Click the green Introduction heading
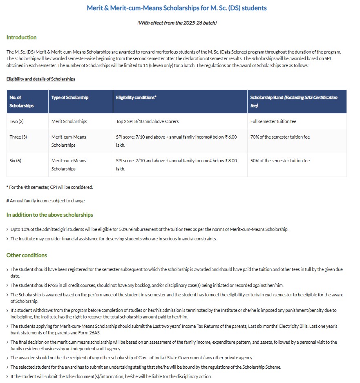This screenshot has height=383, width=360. coord(21,37)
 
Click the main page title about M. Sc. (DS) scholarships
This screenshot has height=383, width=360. coord(177,8)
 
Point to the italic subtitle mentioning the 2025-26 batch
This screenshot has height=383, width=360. coord(177,23)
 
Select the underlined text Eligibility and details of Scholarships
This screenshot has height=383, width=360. coord(40,79)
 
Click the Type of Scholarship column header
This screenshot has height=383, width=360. coord(70,98)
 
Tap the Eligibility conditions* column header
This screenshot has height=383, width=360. coord(136,98)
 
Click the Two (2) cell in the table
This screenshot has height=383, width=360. coord(17,121)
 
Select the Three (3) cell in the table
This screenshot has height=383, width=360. coord(18,137)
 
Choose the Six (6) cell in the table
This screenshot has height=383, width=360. coord(16,161)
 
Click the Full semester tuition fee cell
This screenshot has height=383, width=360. coord(273,121)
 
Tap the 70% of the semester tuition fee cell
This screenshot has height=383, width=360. coord(280,137)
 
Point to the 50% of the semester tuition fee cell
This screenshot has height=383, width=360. coord(280,161)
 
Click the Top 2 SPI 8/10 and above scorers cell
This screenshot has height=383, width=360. coord(147,121)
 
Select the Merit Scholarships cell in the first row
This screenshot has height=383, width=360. coord(69,121)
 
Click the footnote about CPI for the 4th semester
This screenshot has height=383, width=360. coord(49,187)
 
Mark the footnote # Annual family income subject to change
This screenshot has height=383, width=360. coord(45,201)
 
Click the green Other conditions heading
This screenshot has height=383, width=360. coord(27,255)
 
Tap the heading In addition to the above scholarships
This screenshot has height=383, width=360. coord(49,215)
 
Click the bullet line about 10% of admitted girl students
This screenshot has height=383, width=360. coord(149,229)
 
